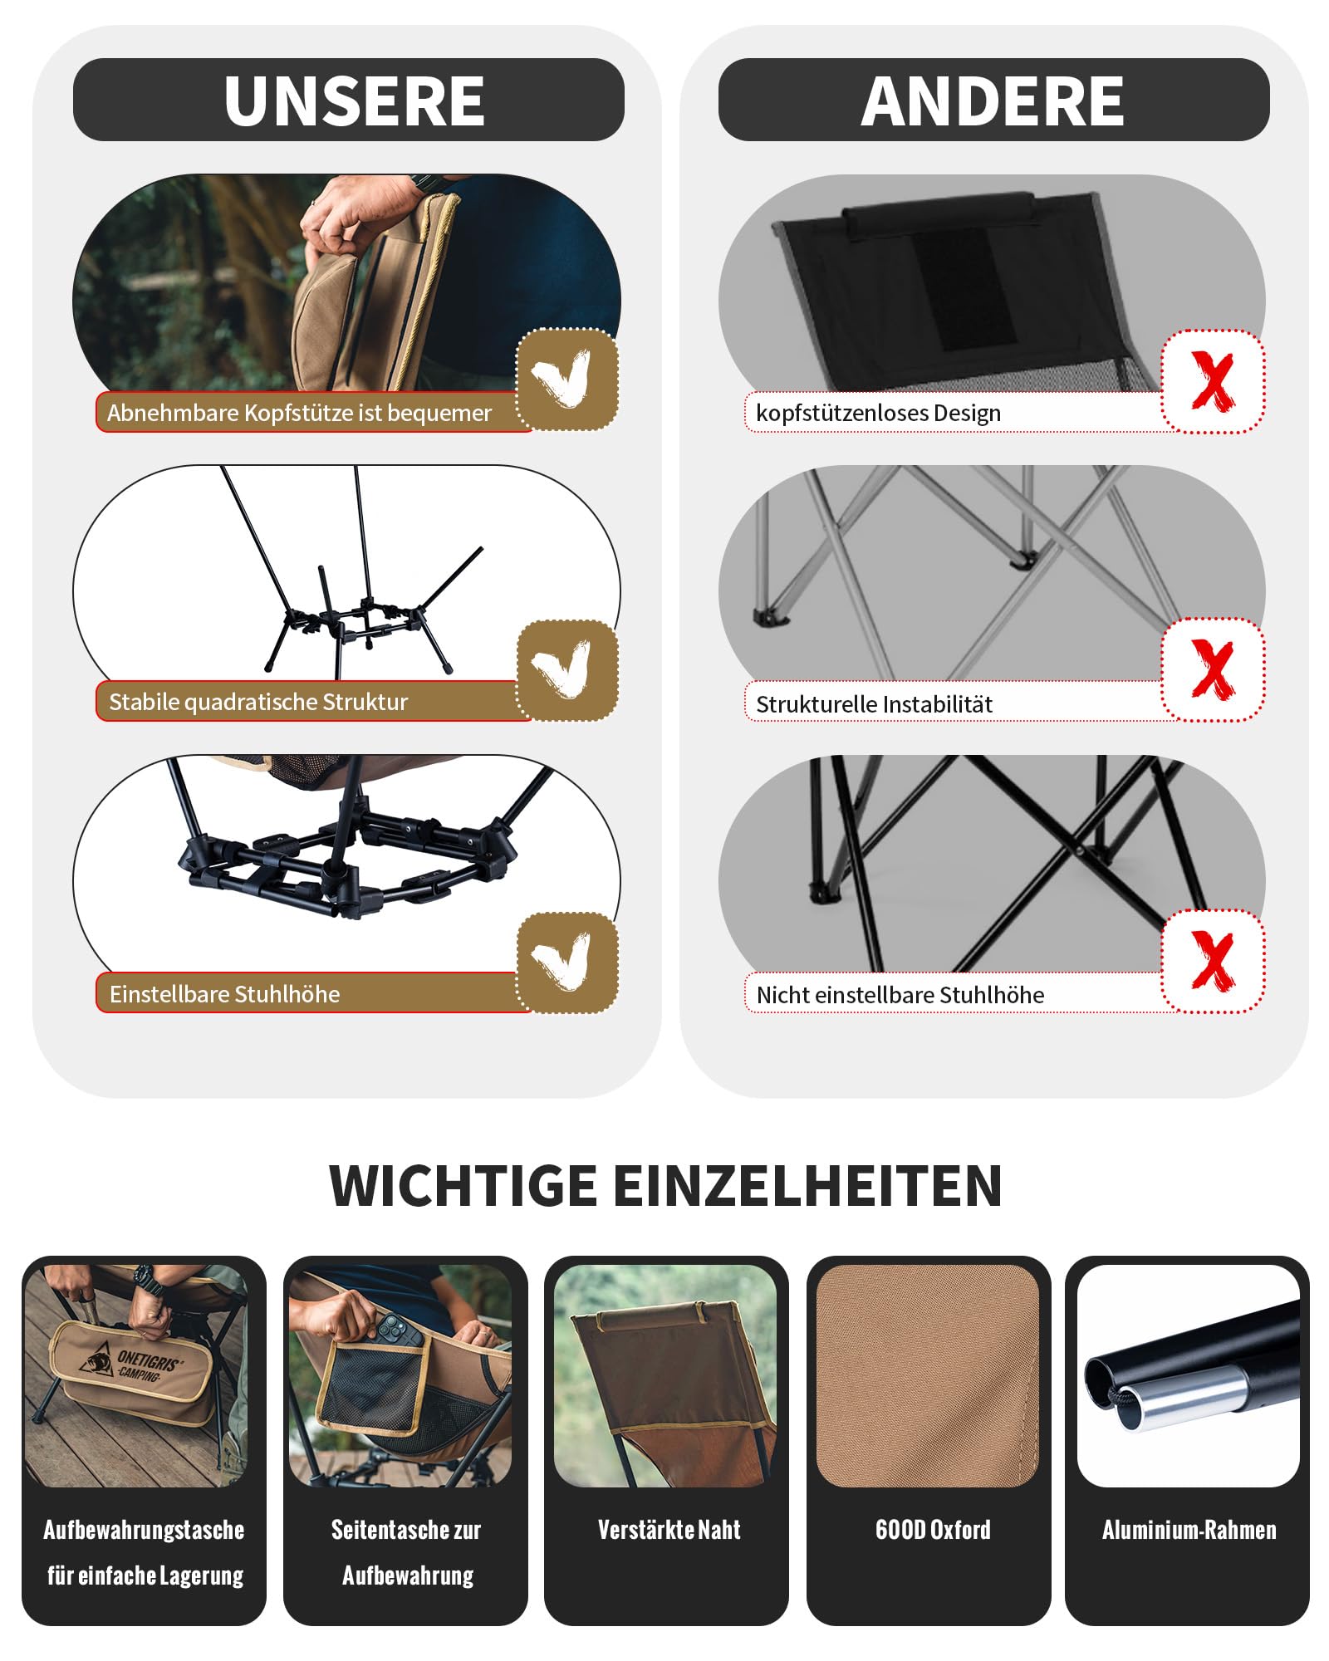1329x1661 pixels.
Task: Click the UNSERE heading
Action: click(355, 100)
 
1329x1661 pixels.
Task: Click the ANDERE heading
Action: click(993, 100)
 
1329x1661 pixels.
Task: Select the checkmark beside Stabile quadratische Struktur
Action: click(562, 668)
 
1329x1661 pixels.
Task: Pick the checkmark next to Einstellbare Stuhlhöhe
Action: click(562, 960)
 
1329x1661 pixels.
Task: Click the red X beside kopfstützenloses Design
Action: click(1213, 380)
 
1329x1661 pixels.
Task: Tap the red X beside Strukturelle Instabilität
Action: click(1213, 669)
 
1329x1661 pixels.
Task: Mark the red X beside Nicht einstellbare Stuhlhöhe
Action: click(1213, 960)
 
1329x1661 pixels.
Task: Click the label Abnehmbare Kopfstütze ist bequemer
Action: click(299, 413)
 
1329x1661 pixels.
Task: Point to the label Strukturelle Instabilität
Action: click(874, 704)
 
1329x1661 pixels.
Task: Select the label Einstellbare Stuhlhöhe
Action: click(224, 994)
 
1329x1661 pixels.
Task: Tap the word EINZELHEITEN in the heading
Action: click(808, 1185)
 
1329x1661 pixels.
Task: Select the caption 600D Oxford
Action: click(933, 1530)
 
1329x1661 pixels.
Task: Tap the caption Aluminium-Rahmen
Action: click(1189, 1530)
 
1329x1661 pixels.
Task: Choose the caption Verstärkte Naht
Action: click(669, 1530)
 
